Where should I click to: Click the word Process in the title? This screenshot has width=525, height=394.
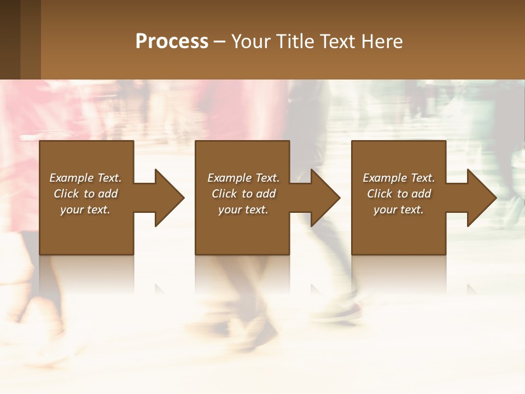click(172, 42)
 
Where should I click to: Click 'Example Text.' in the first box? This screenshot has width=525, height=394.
click(85, 178)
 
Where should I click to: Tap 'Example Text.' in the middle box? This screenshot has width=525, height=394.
click(243, 178)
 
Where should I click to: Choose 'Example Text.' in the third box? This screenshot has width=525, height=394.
click(399, 178)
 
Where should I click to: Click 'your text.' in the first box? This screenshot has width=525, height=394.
click(85, 210)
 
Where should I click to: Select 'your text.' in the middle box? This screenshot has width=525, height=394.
click(243, 210)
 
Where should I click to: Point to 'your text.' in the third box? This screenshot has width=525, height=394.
click(399, 210)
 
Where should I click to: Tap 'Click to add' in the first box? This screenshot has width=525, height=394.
click(85, 194)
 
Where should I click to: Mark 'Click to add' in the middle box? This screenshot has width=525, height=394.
click(243, 194)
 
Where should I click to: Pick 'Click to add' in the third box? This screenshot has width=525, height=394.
click(399, 194)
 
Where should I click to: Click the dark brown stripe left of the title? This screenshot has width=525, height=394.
click(10, 39)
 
